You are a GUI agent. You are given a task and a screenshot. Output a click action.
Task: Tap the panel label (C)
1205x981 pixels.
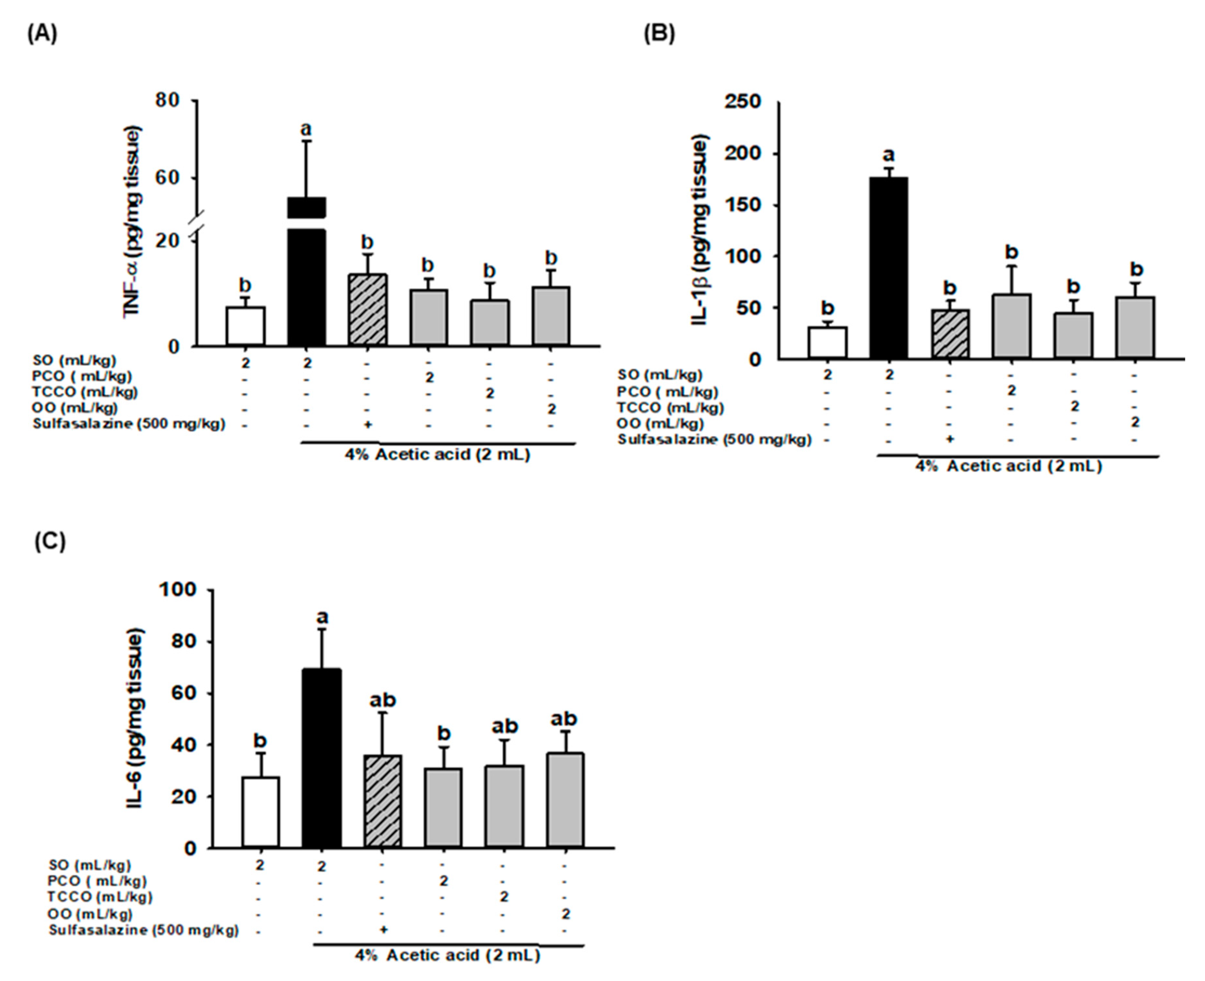click(x=50, y=541)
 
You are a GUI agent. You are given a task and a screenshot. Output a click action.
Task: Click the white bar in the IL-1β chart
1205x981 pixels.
click(x=828, y=343)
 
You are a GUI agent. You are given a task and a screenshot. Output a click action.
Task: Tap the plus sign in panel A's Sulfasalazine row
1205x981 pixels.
click(x=367, y=424)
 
